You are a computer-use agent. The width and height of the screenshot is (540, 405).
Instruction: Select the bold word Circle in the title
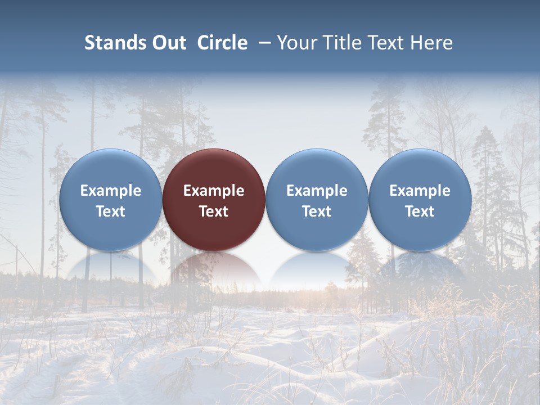(x=222, y=43)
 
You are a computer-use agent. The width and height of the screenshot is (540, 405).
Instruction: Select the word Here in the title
(x=432, y=43)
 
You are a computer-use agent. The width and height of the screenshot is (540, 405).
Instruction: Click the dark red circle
(x=214, y=169)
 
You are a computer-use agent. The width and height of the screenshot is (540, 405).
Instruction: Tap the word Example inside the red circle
(x=214, y=191)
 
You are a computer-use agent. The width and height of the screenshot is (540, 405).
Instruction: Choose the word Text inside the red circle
(x=214, y=211)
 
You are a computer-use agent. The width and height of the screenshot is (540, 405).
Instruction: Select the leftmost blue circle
(x=110, y=169)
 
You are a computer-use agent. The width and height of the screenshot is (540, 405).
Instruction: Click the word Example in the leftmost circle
(x=110, y=191)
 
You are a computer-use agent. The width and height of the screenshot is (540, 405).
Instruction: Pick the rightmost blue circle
(x=420, y=169)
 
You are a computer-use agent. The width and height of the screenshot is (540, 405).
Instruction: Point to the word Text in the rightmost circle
(x=420, y=211)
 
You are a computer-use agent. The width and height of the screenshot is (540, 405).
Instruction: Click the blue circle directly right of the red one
(x=317, y=169)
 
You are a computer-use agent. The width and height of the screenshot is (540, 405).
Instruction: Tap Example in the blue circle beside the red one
(x=317, y=191)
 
